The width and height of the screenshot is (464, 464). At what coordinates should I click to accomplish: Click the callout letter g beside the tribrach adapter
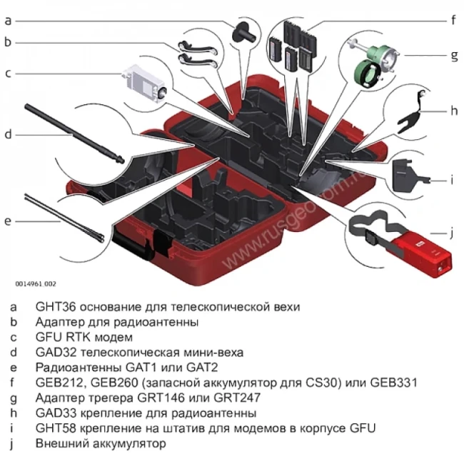pyautogui.click(x=453, y=54)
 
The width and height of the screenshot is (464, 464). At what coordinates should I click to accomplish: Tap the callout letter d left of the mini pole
pyautogui.click(x=8, y=133)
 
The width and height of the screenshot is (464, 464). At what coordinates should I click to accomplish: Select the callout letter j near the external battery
pyautogui.click(x=452, y=232)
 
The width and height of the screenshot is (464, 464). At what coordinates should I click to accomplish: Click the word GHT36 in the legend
pyautogui.click(x=54, y=306)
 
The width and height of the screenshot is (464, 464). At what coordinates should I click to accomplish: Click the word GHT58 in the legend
pyautogui.click(x=54, y=428)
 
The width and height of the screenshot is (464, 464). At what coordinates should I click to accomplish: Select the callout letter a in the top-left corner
pyautogui.click(x=8, y=21)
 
